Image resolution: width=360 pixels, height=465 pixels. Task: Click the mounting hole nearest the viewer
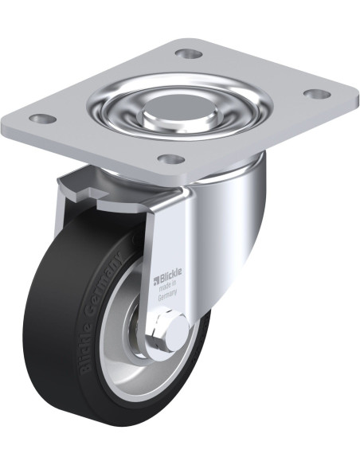coord(170,159)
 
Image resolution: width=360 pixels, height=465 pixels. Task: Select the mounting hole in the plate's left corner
coord(44,119)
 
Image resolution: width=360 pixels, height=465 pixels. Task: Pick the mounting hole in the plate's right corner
coord(319,94)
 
